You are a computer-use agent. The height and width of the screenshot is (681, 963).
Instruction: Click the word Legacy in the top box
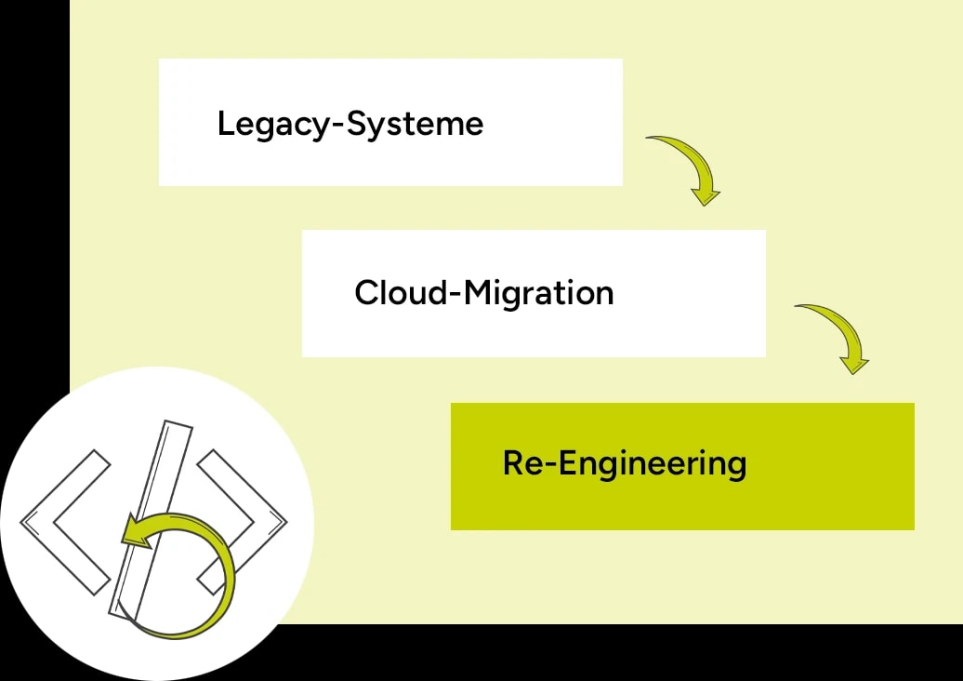(275, 125)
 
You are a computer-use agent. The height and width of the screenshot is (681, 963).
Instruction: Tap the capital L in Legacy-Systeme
(225, 124)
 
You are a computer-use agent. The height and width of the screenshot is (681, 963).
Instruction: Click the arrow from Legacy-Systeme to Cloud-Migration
(688, 166)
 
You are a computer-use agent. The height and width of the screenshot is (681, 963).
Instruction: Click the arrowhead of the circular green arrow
(136, 532)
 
